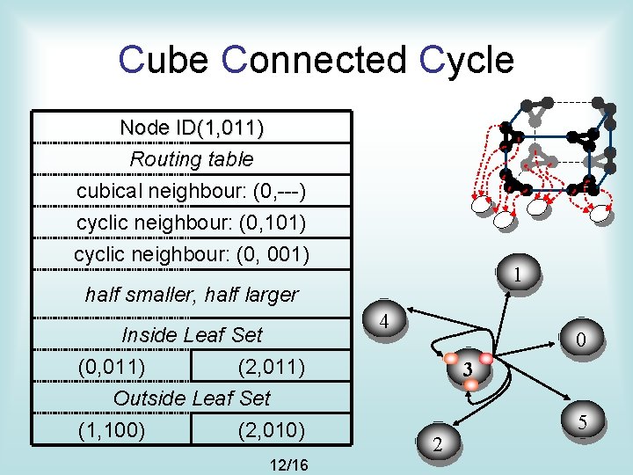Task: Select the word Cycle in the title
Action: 467,60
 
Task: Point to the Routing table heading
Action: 192,159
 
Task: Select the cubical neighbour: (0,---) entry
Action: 192,191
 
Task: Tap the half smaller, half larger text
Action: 192,295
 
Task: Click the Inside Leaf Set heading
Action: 192,335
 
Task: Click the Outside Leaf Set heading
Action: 192,398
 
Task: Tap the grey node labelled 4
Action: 385,321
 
